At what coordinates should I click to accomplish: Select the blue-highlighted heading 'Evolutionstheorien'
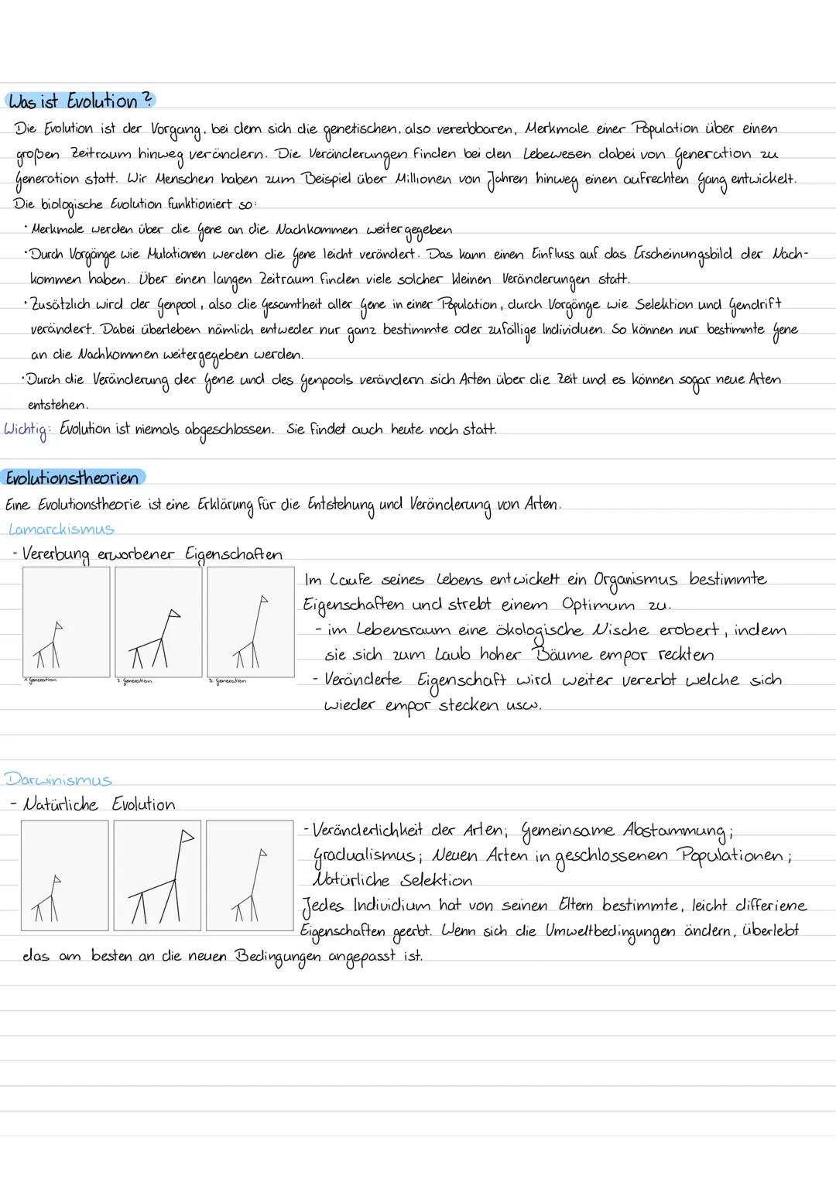(x=73, y=478)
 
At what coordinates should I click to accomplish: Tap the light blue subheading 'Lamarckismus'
(x=61, y=529)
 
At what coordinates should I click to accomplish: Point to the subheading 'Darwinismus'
(x=59, y=779)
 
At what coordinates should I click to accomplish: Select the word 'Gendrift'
(x=755, y=304)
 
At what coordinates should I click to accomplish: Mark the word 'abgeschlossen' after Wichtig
(x=228, y=430)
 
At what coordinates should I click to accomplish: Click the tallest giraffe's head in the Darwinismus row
(x=186, y=836)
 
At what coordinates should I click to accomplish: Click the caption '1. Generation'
(x=42, y=680)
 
